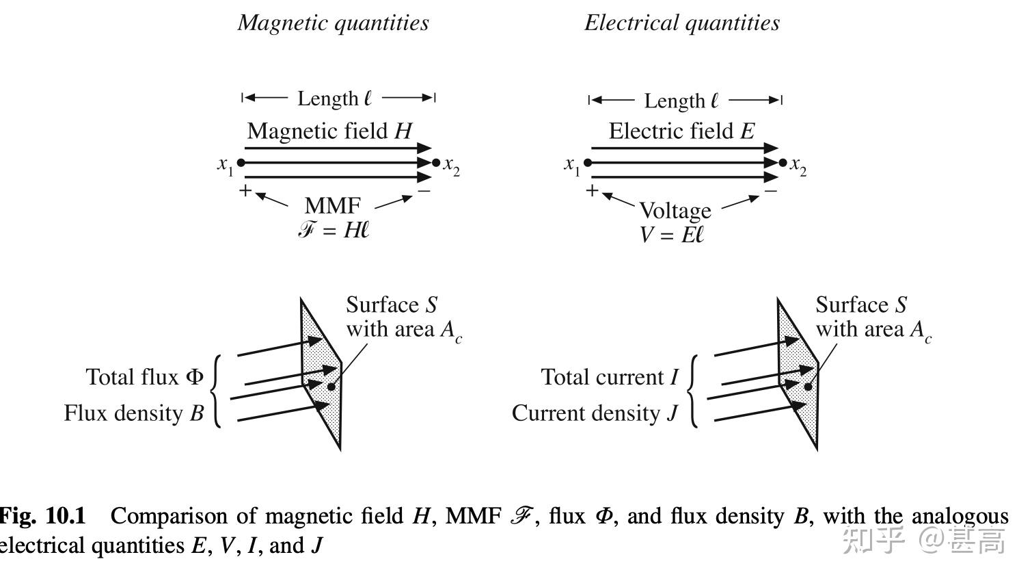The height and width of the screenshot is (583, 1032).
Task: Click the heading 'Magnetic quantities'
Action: point(334,23)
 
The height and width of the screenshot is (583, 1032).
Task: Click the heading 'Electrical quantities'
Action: point(681,23)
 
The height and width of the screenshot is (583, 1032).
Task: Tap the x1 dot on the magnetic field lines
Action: point(241,163)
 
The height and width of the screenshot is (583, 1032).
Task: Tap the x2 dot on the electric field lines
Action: point(783,163)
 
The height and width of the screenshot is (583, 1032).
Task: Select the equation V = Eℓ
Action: point(671,235)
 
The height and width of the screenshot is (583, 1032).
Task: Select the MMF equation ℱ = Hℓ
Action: point(334,230)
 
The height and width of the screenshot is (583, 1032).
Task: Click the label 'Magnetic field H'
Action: point(329,131)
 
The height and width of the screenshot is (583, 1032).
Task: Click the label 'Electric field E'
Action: point(681,131)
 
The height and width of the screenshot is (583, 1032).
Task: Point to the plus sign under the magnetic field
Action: point(245,190)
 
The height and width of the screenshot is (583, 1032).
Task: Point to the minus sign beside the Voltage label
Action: point(771,191)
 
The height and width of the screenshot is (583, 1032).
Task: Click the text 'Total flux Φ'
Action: point(145,377)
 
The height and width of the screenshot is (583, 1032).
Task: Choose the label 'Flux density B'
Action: point(134,413)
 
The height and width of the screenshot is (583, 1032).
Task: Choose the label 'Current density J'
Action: point(595,413)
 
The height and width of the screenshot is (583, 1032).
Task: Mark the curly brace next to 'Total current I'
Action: point(693,391)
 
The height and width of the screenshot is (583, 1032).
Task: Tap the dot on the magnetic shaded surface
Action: point(331,387)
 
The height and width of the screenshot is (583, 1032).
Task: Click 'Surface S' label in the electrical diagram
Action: point(860,305)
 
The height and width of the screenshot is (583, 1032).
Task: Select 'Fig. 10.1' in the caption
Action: point(42,516)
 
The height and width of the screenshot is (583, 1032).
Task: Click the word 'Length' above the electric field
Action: point(674,101)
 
